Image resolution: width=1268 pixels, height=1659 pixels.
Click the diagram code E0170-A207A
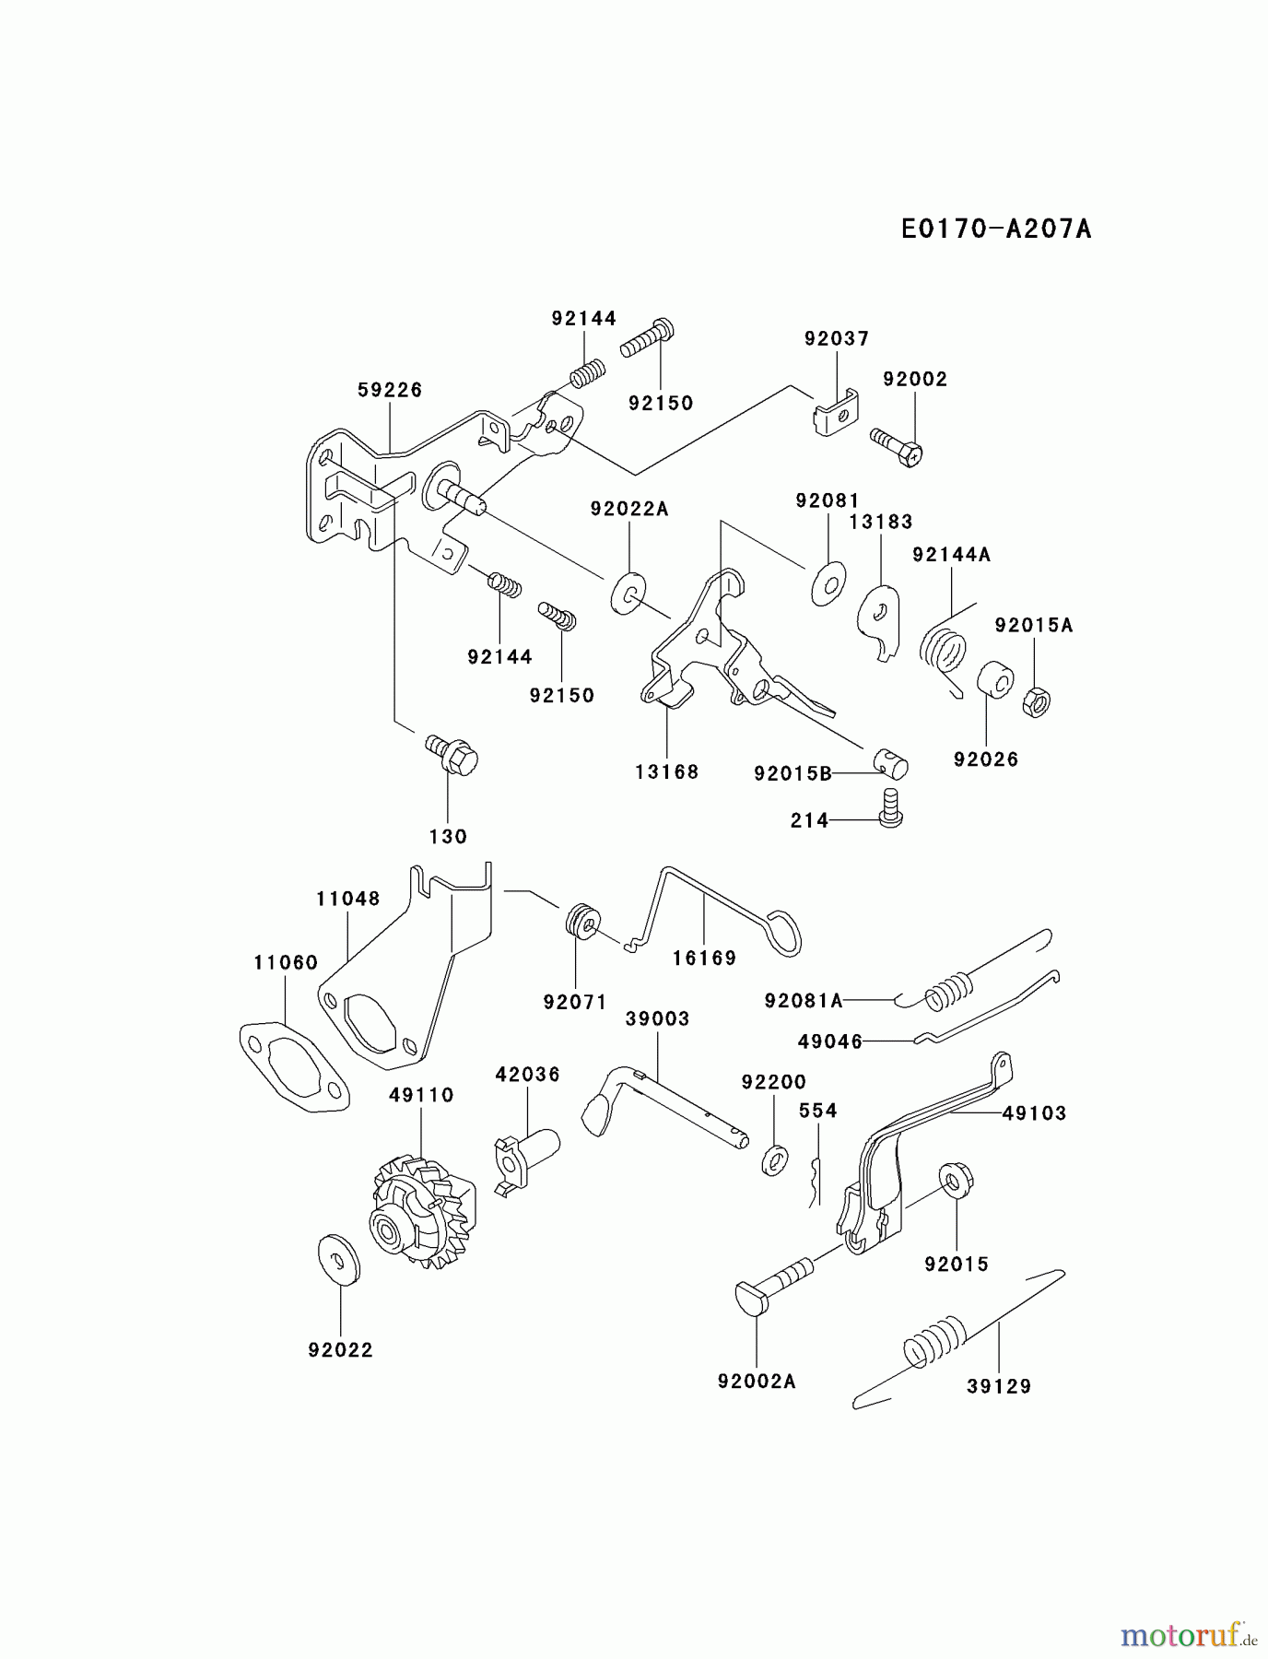pyautogui.click(x=995, y=229)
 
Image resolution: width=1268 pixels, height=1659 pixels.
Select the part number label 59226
pyautogui.click(x=390, y=391)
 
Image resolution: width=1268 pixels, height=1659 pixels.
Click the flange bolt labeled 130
pyautogui.click(x=453, y=756)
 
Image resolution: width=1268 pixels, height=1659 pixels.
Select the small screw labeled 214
pyautogui.click(x=890, y=806)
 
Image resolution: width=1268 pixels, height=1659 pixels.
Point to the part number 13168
pyautogui.click(x=666, y=772)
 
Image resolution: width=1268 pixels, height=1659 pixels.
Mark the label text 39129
pyautogui.click(x=999, y=1386)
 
